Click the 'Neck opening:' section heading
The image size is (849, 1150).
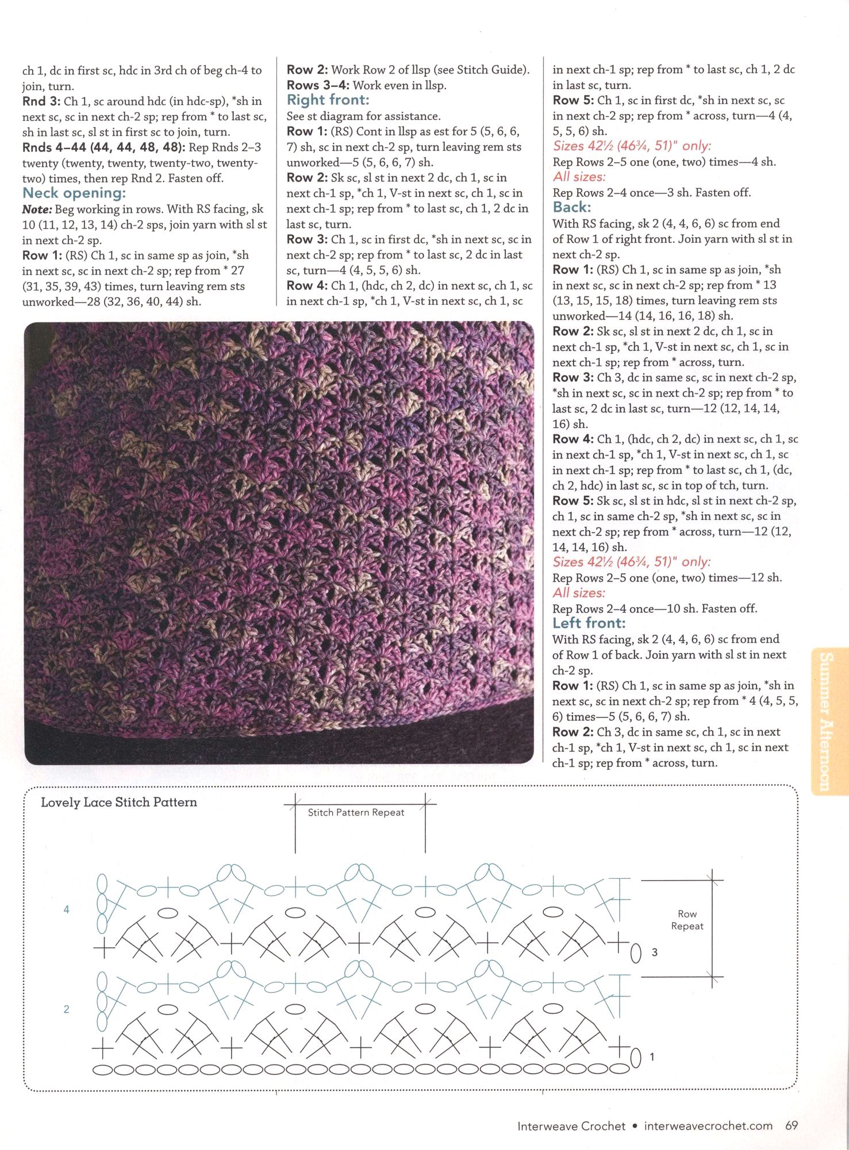74,193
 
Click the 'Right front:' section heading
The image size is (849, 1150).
328,100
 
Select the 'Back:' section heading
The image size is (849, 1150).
571,207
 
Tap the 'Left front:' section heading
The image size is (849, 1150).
589,623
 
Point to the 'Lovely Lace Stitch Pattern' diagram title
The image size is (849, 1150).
118,802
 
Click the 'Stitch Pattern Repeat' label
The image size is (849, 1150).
356,812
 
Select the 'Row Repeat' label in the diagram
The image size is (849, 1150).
687,920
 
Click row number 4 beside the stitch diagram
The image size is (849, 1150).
67,909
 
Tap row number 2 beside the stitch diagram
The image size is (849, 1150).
67,1009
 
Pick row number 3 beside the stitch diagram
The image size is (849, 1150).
654,952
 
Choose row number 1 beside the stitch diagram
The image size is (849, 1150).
651,1056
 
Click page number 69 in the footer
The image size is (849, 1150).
791,1125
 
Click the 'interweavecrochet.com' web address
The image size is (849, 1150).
708,1126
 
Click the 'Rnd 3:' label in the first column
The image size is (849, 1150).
42,102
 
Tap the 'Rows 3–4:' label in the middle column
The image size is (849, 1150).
317,86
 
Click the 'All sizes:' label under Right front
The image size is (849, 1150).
579,177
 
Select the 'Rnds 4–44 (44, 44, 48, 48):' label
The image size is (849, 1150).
103,148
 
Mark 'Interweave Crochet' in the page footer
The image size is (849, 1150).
571,1126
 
